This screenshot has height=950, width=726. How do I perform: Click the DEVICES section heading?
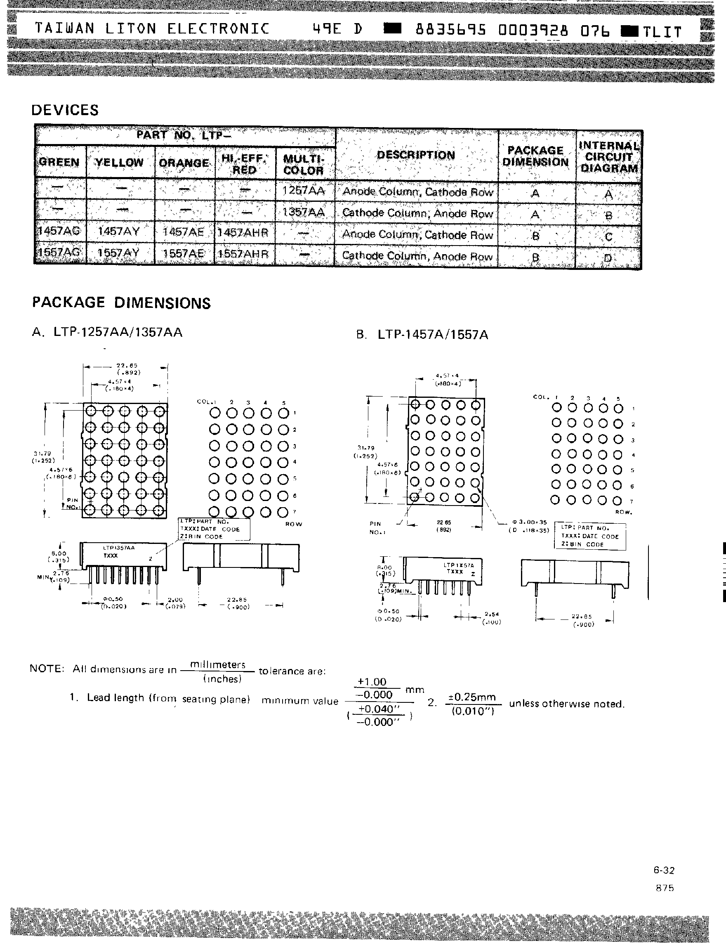(x=65, y=110)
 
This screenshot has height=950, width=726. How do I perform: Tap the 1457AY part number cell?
(x=119, y=231)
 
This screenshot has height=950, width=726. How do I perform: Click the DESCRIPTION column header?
(x=416, y=155)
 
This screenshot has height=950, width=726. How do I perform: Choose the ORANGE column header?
(x=184, y=163)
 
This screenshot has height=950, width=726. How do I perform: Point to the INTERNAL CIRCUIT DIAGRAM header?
(x=608, y=156)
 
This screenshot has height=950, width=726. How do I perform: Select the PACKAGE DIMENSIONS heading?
(x=121, y=302)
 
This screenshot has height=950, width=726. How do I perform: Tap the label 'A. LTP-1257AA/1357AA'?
(x=107, y=332)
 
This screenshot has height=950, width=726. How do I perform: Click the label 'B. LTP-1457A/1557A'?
(x=422, y=335)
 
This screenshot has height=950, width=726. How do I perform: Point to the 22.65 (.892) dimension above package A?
(x=127, y=369)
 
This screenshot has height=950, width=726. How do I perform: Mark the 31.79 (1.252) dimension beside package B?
(x=365, y=451)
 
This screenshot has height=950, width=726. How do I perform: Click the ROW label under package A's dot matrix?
(x=294, y=524)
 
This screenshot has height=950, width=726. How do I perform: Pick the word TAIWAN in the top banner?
(x=64, y=28)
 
